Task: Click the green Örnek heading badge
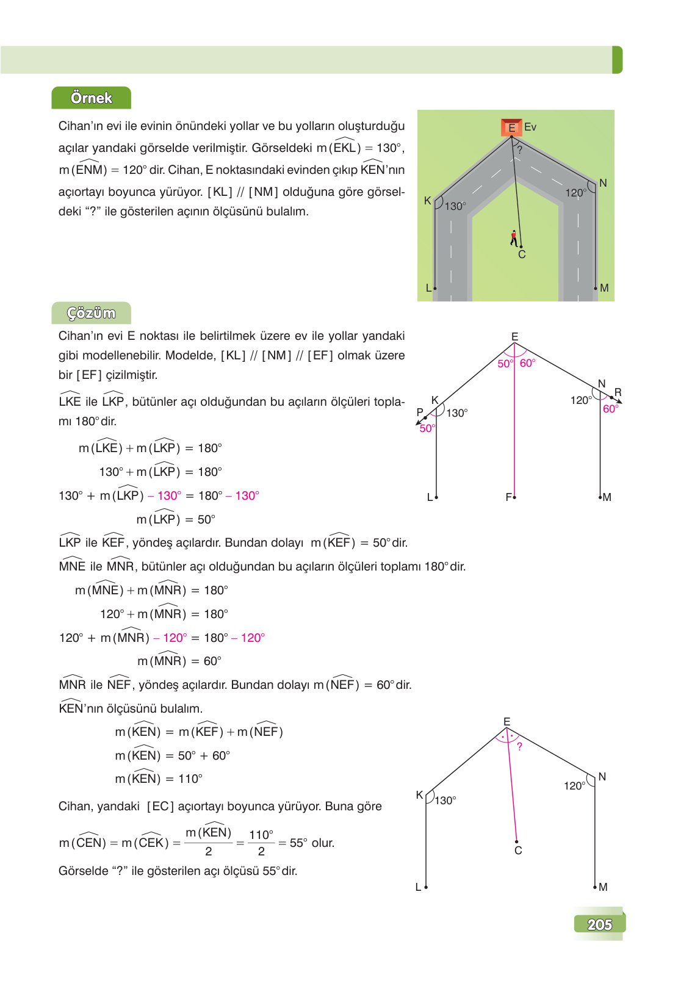point(91,98)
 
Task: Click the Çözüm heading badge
point(91,313)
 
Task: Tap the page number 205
point(599,924)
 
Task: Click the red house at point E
point(511,127)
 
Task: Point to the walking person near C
point(514,238)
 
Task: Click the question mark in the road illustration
point(519,149)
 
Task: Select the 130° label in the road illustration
point(455,206)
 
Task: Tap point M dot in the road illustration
point(596,287)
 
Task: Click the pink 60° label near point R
point(610,409)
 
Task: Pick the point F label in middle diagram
point(508,497)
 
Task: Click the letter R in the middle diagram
point(618,392)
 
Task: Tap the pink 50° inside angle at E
point(505,364)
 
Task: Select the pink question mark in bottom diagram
point(519,746)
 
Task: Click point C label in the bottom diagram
point(518,851)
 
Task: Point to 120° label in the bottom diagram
point(574,786)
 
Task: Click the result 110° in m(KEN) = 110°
point(190,779)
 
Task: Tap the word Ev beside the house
point(530,127)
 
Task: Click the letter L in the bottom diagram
point(418,887)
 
